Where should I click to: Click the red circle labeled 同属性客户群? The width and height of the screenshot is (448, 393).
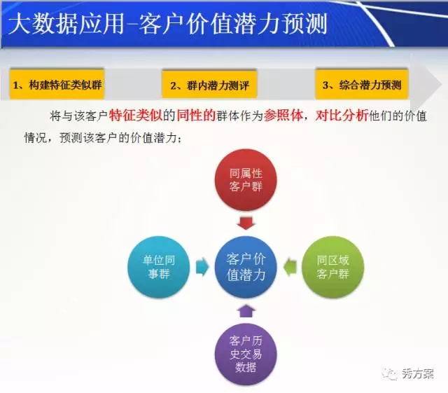click(x=246, y=180)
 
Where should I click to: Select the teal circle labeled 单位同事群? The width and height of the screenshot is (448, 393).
click(x=159, y=267)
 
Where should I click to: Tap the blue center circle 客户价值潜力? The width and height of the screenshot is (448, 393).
click(x=246, y=267)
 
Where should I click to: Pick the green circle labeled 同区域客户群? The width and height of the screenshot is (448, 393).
click(x=333, y=267)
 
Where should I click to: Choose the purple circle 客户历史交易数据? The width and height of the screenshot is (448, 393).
click(x=246, y=354)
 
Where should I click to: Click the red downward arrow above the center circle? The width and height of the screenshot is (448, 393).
click(x=246, y=223)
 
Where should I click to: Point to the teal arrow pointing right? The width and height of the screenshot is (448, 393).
click(x=202, y=267)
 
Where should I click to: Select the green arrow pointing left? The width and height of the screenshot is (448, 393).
click(x=290, y=267)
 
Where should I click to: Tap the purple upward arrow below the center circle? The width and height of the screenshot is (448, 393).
click(x=246, y=311)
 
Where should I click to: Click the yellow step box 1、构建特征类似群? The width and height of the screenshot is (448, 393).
click(x=57, y=84)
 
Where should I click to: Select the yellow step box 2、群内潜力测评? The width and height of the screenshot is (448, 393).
click(x=209, y=84)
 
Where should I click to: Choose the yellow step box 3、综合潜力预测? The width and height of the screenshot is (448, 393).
click(x=362, y=84)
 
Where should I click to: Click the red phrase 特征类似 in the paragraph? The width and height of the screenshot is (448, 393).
click(x=135, y=116)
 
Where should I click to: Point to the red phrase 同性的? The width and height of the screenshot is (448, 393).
click(x=196, y=116)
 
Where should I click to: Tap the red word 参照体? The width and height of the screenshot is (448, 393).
click(x=283, y=116)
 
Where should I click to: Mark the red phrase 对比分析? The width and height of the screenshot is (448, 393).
click(x=342, y=116)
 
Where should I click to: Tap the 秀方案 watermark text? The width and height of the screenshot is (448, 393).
click(x=418, y=374)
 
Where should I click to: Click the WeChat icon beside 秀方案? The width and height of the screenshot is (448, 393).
click(x=390, y=374)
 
